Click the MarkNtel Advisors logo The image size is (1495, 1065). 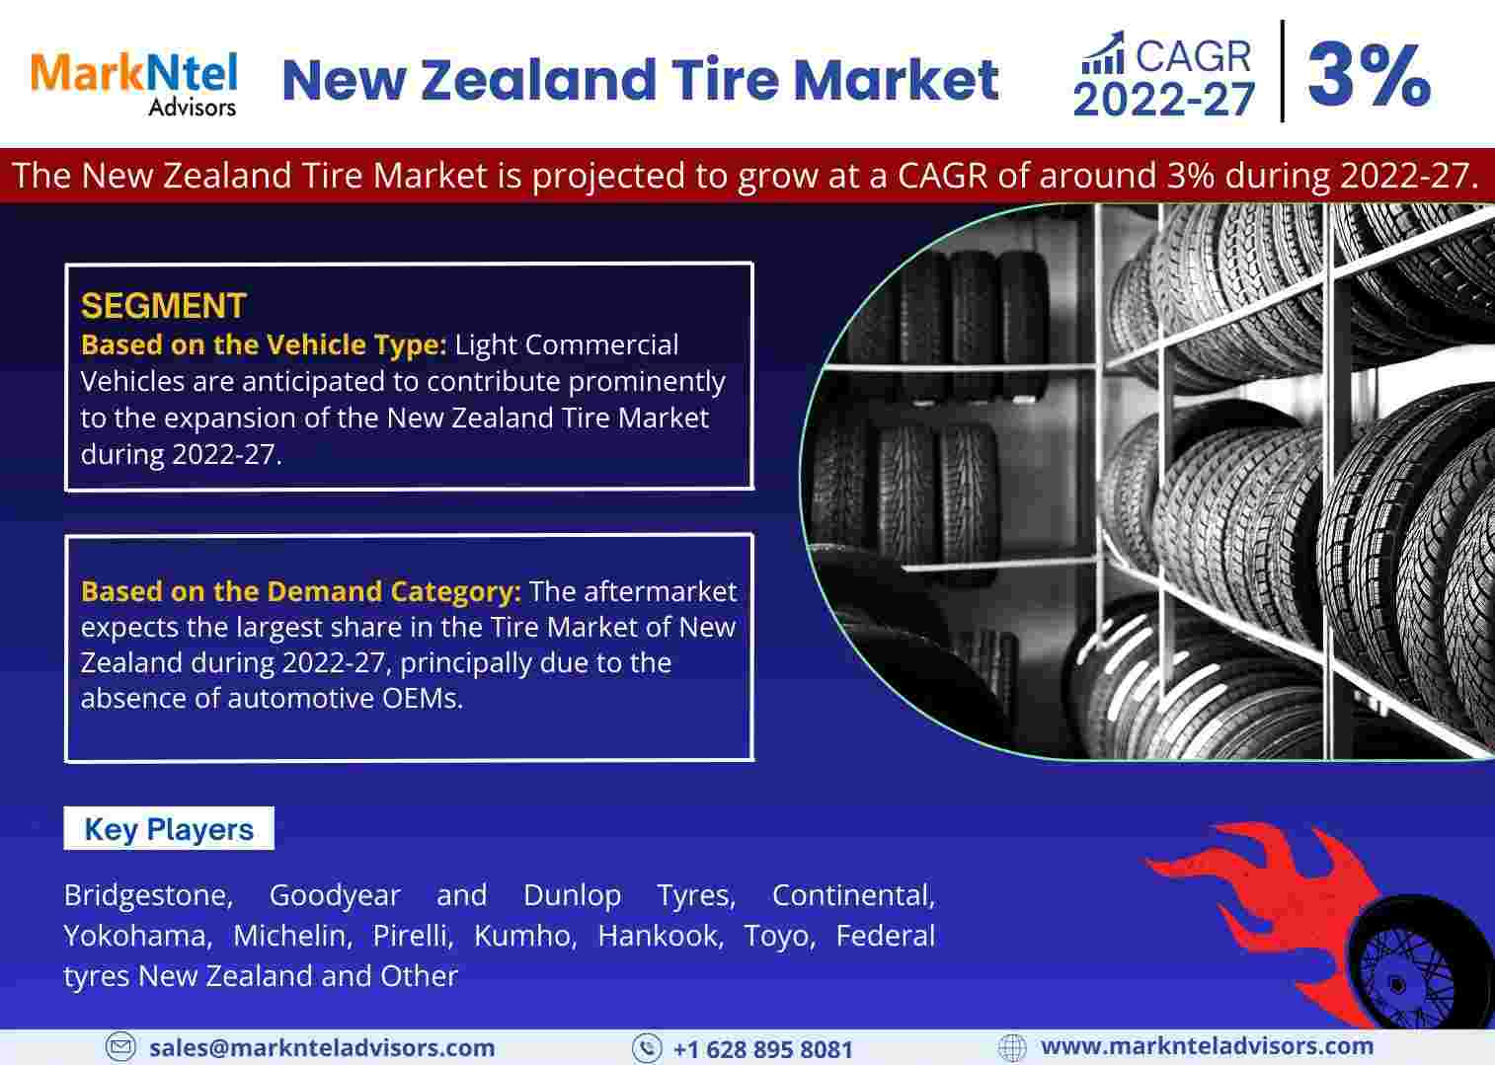click(x=133, y=84)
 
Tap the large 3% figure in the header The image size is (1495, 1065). click(x=1369, y=74)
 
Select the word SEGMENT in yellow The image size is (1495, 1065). click(x=164, y=306)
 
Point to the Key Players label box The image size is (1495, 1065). click(x=169, y=828)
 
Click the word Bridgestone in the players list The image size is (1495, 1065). click(x=148, y=895)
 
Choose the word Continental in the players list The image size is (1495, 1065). click(x=853, y=895)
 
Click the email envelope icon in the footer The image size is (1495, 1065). click(x=120, y=1046)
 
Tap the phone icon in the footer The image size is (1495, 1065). click(x=647, y=1047)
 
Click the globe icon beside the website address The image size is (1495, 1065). click(x=1012, y=1047)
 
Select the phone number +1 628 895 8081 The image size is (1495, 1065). click(x=763, y=1049)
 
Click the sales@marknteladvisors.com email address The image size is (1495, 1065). click(x=322, y=1047)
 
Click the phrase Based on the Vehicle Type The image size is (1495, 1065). click(x=264, y=345)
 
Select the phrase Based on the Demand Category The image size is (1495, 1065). click(x=301, y=591)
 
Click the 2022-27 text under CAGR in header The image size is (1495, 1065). click(x=1164, y=100)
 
